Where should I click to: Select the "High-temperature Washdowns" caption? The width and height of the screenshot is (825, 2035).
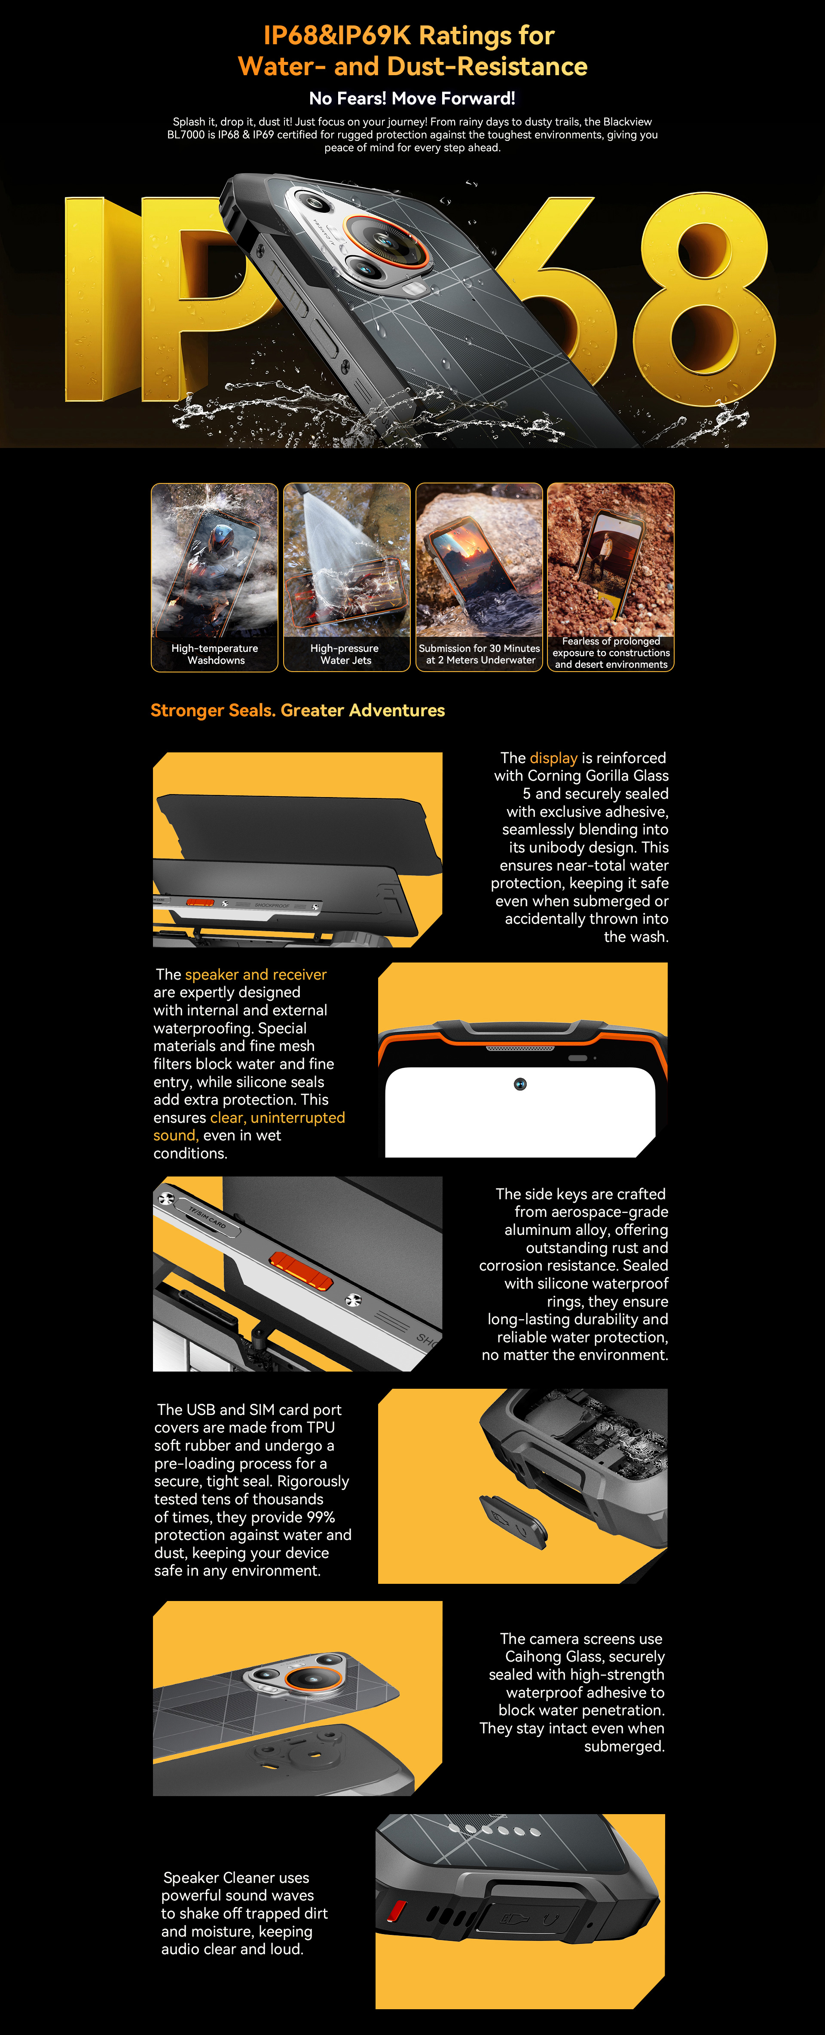[215, 654]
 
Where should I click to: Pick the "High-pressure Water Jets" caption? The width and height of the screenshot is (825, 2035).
[345, 654]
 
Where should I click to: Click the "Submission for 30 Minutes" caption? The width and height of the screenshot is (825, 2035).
[479, 648]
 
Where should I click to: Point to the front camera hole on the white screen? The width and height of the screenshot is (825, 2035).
[520, 1084]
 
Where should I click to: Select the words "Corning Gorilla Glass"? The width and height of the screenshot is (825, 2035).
[598, 776]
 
